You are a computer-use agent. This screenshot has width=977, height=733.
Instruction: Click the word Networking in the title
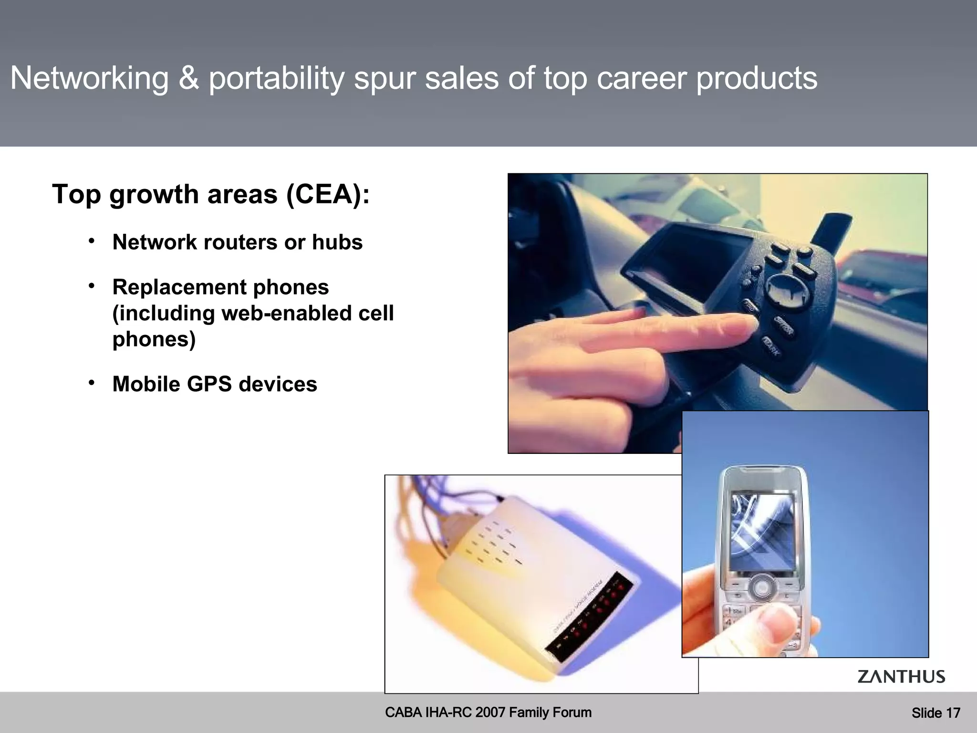[x=90, y=78]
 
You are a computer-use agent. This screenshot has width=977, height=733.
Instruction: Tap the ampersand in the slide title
[x=189, y=78]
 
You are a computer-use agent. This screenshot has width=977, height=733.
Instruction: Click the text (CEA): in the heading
[x=328, y=195]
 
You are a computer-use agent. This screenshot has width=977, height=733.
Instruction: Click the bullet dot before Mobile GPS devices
[x=92, y=383]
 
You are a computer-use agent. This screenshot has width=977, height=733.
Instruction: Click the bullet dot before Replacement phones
[x=92, y=286]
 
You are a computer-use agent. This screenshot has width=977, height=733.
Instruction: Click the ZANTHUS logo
[x=901, y=677]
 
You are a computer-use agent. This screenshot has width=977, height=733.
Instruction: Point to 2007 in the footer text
[x=490, y=712]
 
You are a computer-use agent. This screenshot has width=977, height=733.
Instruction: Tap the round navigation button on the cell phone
[x=761, y=586]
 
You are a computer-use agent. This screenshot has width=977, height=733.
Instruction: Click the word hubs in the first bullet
[x=337, y=242]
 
